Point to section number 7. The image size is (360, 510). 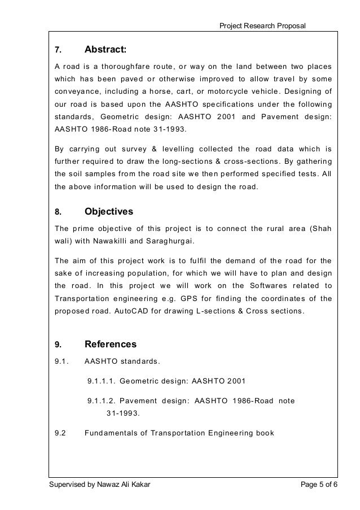pyautogui.click(x=57, y=50)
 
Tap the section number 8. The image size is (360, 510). pyautogui.click(x=57, y=212)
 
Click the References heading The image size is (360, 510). pyautogui.click(x=110, y=343)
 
